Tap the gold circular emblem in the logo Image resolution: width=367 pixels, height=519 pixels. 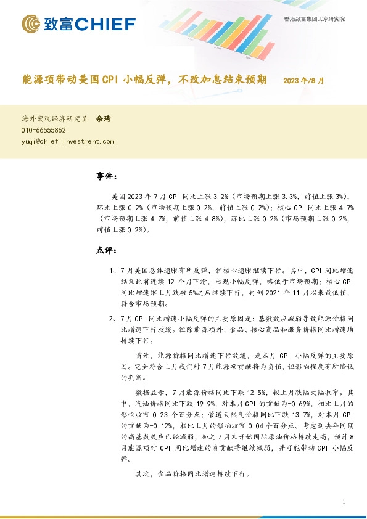(31, 24)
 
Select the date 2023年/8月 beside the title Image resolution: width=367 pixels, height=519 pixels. (303, 80)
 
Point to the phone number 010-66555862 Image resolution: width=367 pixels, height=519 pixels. (44, 130)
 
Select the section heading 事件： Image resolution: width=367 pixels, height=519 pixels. (107, 177)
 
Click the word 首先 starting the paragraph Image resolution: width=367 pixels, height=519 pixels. (142, 356)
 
